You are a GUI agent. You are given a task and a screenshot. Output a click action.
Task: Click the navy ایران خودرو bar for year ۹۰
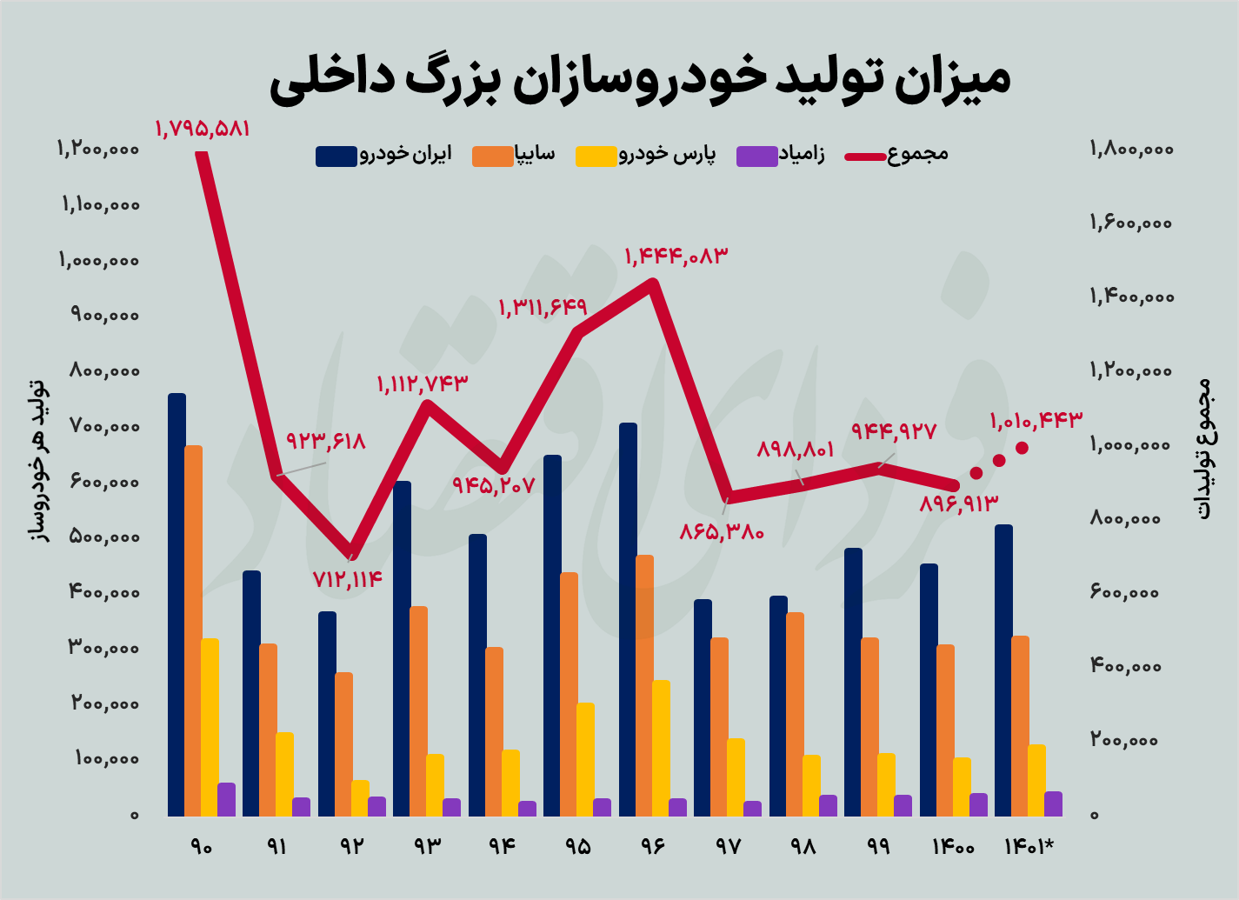pos(177,604)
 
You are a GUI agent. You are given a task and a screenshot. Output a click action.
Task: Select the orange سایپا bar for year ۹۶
pos(644,685)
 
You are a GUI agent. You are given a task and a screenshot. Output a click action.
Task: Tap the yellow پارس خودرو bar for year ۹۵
pos(585,759)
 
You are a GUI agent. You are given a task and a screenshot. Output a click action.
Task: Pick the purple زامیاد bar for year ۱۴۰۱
pos(1053,803)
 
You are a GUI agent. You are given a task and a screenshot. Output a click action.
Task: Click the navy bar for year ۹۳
pos(402,648)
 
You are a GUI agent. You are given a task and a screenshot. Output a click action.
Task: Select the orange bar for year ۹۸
pos(795,714)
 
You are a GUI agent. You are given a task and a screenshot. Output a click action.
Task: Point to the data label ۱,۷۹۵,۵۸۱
pos(203,129)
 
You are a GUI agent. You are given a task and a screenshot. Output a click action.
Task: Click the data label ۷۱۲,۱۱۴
pos(348,579)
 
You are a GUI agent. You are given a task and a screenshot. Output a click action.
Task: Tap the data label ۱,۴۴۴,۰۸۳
pos(676,257)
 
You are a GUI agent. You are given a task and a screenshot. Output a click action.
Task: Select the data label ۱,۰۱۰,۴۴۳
pos(1036,421)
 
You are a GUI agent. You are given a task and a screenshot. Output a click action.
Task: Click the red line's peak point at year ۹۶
pos(652,282)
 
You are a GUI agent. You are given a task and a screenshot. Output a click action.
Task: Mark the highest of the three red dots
pos(1023,448)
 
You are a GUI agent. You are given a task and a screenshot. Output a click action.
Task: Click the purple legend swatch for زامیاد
pos(755,156)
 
